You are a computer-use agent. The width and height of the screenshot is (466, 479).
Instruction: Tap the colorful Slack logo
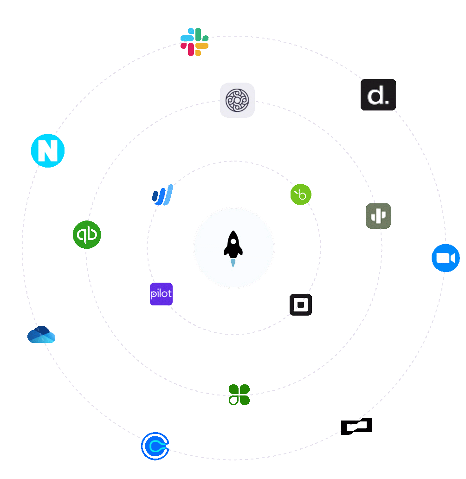pyautogui.click(x=194, y=42)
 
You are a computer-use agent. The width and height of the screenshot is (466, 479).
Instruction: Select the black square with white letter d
pyautogui.click(x=378, y=95)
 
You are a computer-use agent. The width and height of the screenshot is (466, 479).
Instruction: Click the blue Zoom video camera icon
pyautogui.click(x=446, y=258)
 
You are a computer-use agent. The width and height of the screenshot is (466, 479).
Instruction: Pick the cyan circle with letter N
pyautogui.click(x=48, y=151)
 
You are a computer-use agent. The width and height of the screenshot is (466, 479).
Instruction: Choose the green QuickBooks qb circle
pyautogui.click(x=87, y=235)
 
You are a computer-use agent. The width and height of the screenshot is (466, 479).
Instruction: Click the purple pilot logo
pyautogui.click(x=161, y=294)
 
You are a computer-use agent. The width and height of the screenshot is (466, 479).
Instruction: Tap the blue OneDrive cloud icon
pyautogui.click(x=41, y=335)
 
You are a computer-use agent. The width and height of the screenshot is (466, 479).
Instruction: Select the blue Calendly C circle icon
pyautogui.click(x=155, y=446)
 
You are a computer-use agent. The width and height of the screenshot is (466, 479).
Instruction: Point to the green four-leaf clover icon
pyautogui.click(x=239, y=395)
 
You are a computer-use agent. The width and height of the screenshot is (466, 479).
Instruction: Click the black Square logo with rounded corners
pyautogui.click(x=301, y=305)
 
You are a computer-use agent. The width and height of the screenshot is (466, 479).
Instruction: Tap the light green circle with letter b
pyautogui.click(x=301, y=195)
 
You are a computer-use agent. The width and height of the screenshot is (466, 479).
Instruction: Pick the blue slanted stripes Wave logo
pyautogui.click(x=162, y=195)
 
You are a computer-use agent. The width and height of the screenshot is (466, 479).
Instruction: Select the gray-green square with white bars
pyautogui.click(x=378, y=216)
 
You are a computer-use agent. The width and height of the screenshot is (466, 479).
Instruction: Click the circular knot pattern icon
pyautogui.click(x=237, y=100)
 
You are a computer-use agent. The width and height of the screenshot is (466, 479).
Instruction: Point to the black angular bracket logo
pyautogui.click(x=356, y=426)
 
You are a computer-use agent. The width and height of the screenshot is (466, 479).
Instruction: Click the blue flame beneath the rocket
pyautogui.click(x=233, y=263)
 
